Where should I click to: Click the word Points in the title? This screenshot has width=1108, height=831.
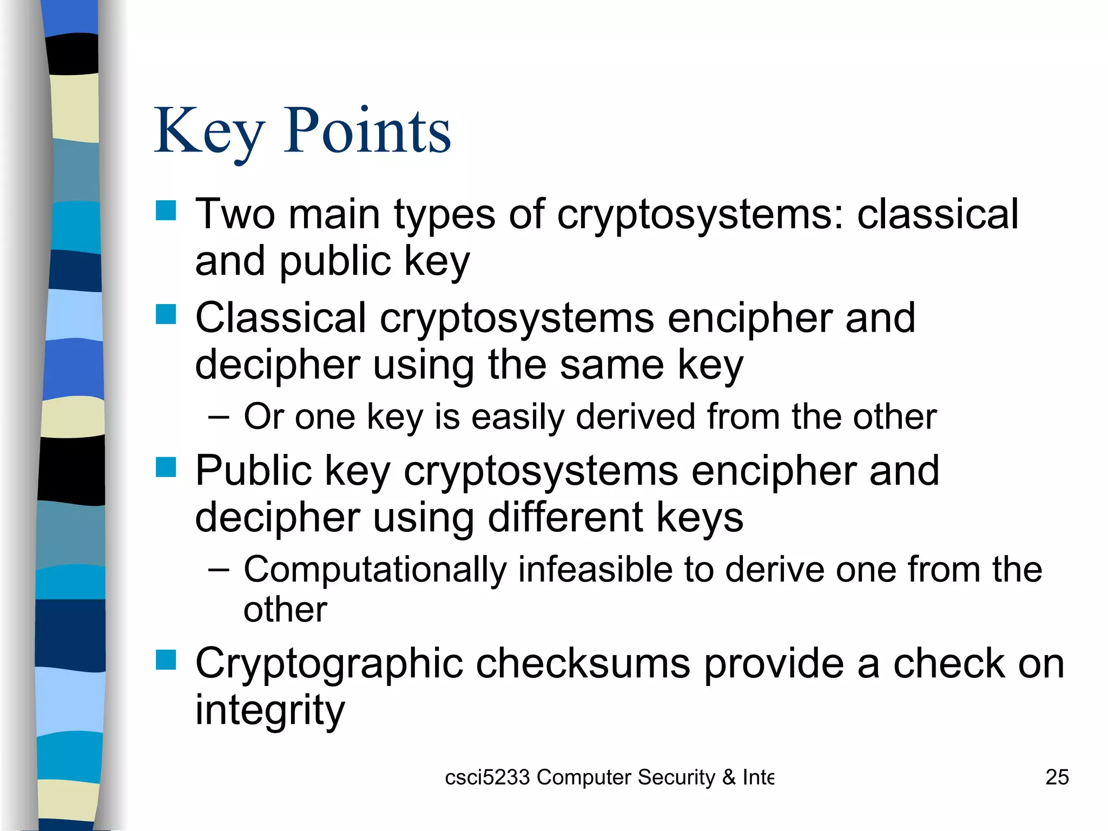click(367, 131)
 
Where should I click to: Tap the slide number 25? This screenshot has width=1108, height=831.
click(1057, 777)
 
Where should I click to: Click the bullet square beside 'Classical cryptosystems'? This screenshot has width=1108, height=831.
click(166, 314)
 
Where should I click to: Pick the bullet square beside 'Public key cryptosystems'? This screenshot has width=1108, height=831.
click(166, 467)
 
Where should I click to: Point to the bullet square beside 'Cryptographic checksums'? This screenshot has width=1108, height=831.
click(166, 659)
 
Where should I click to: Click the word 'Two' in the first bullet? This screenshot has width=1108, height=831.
click(235, 214)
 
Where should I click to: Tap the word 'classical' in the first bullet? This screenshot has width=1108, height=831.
click(938, 214)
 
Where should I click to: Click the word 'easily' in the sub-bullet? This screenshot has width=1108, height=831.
click(517, 417)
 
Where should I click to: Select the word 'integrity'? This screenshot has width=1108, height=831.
click(269, 710)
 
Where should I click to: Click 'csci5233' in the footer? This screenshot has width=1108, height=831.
click(487, 777)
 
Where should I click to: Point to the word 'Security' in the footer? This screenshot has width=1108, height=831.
click(676, 777)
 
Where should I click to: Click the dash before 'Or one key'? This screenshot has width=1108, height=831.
click(218, 418)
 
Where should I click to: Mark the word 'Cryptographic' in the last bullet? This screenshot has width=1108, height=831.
click(329, 664)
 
